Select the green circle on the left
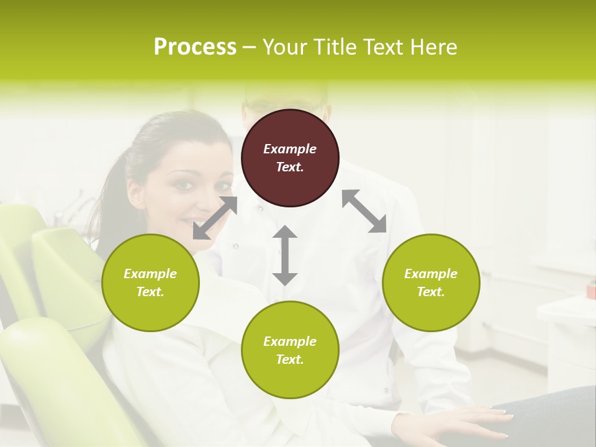[x=150, y=282]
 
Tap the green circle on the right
[x=431, y=282]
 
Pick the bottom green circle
[x=290, y=350]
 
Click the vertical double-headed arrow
[x=285, y=255]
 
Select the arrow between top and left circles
[x=215, y=218]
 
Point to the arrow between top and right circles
[x=364, y=212]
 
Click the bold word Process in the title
[x=195, y=47]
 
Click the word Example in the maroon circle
[x=290, y=149]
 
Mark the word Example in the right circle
[x=431, y=274]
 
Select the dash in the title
[x=249, y=47]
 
